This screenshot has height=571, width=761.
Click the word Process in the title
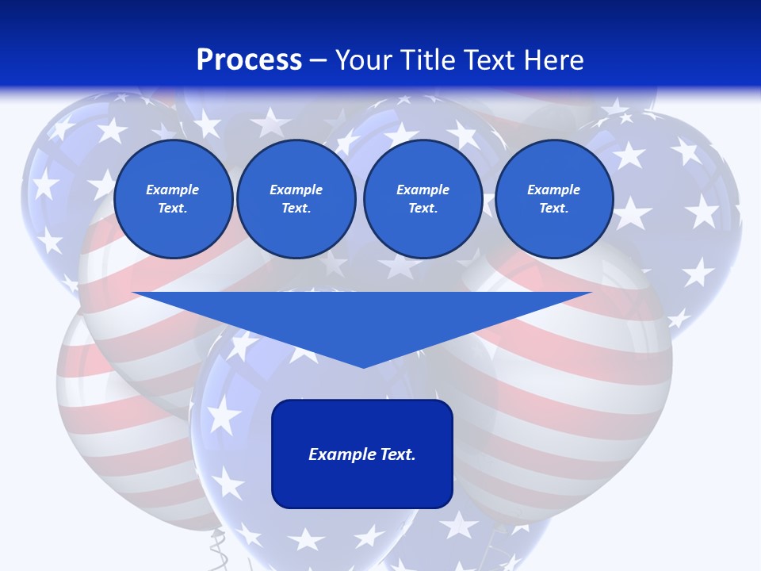point(249,60)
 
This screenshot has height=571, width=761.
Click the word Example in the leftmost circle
point(173,190)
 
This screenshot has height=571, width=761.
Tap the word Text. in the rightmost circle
point(553,209)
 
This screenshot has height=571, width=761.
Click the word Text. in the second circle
point(296,209)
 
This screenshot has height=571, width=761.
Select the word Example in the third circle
point(423,190)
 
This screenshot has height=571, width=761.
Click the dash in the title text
point(318,60)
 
